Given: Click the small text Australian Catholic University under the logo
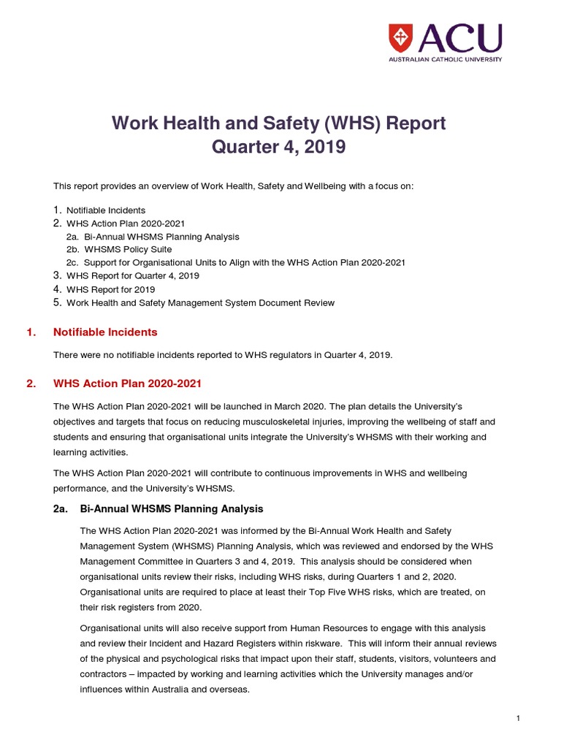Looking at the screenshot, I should point(445,59).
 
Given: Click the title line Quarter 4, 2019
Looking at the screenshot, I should point(278,148).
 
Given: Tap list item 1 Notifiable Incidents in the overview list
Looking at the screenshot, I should point(106,210).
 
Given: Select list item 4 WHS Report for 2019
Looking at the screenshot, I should point(110,289).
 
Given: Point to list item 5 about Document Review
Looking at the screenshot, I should point(200,302).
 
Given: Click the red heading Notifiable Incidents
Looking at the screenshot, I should point(105,332).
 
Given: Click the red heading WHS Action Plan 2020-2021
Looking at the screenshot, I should point(127,383).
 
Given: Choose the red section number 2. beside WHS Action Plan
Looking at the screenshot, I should point(31,383).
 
